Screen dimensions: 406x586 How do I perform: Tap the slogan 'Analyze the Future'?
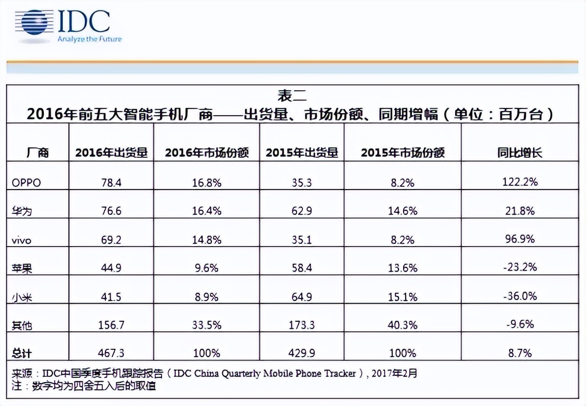pos(89,39)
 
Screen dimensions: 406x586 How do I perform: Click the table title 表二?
pos(292,96)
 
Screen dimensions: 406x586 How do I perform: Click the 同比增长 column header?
pos(516,153)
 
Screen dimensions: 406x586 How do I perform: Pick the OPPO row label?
pos(26,182)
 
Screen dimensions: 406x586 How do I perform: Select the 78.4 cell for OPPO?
pos(112,182)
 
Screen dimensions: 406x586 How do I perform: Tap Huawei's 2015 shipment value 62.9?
pos(302,211)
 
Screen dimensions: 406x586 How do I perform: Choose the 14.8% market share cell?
pos(207,240)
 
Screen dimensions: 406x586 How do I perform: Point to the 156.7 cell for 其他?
pos(112,326)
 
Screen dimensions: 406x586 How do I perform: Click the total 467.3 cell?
pos(112,354)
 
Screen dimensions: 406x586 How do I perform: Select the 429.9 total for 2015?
pos(302,354)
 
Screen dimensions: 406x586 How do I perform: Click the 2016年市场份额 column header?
pos(207,153)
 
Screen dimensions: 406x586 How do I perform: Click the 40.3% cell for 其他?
pos(403,326)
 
